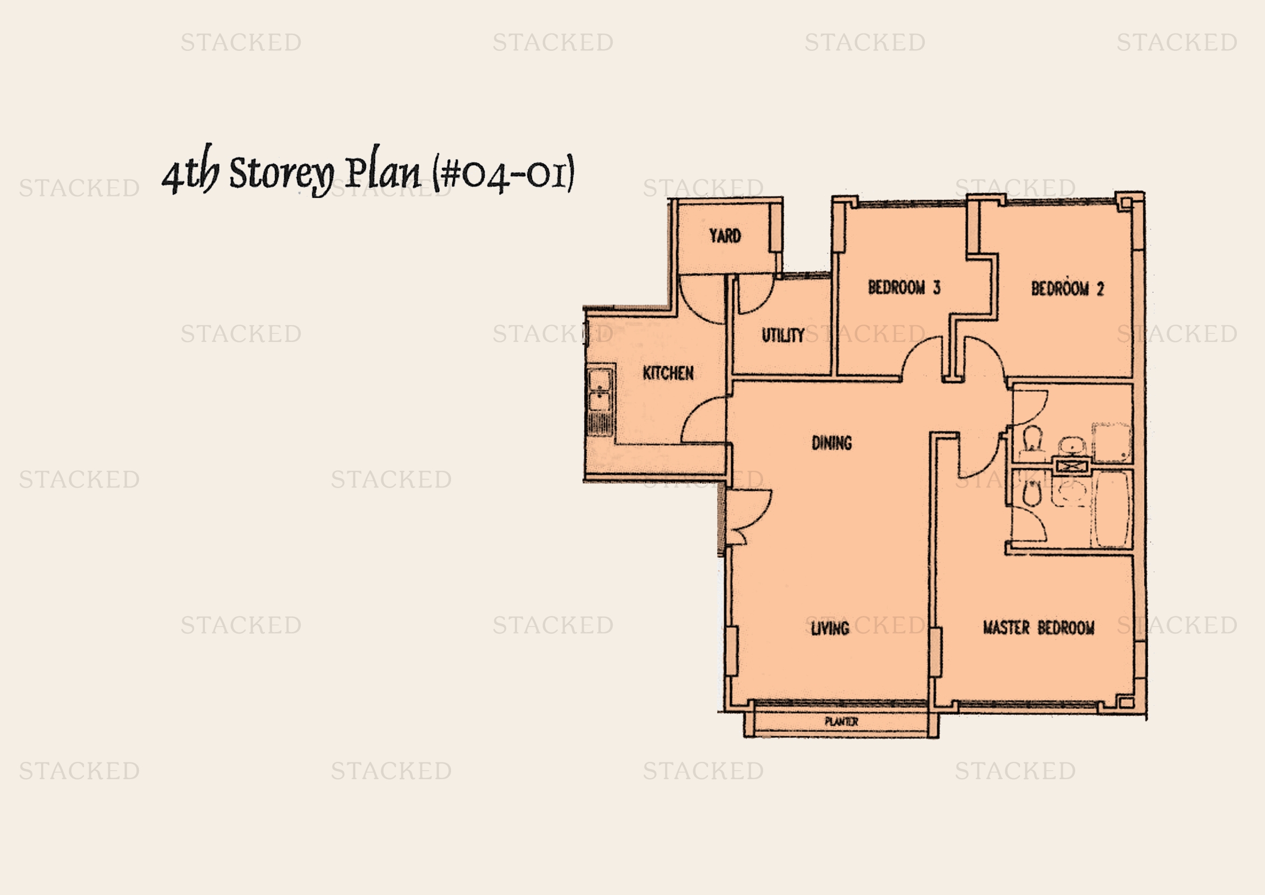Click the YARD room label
725,236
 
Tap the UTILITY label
783,335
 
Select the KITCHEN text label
668,373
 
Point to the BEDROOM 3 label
904,287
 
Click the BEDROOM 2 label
1067,288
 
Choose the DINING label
831,443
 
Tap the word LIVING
830,628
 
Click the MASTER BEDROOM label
1038,628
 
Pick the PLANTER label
842,721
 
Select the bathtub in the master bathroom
1111,510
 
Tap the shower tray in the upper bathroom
1111,443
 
